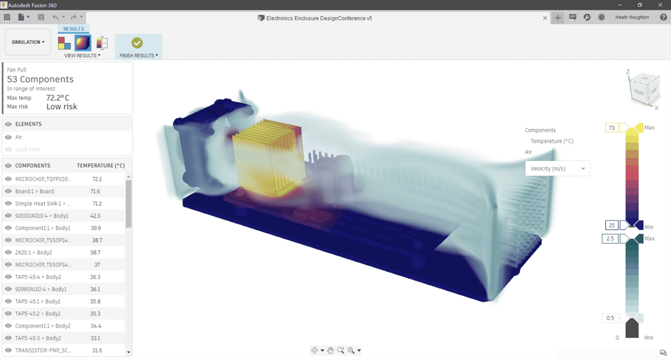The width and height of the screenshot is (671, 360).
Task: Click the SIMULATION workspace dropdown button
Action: pyautogui.click(x=28, y=42)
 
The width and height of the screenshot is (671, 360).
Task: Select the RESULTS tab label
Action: pyautogui.click(x=74, y=29)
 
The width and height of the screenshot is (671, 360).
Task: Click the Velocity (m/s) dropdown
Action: pyautogui.click(x=557, y=169)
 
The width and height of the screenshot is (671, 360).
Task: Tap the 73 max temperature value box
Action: pyautogui.click(x=612, y=128)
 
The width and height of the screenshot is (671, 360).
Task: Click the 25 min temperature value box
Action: pyautogui.click(x=612, y=225)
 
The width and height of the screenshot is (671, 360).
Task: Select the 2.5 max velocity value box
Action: pyautogui.click(x=610, y=238)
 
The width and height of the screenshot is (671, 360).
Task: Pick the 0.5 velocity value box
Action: pyautogui.click(x=610, y=318)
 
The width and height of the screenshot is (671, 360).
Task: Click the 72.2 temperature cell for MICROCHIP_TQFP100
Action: pyautogui.click(x=97, y=179)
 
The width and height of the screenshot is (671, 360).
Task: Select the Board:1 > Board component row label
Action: pyautogui.click(x=35, y=191)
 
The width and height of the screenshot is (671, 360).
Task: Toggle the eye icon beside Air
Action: pyautogui.click(x=8, y=137)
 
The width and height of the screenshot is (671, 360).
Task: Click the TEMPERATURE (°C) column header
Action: pyautogui.click(x=101, y=166)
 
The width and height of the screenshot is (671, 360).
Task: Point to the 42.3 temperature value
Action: pyautogui.click(x=95, y=216)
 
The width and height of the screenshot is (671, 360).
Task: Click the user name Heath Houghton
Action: pyautogui.click(x=632, y=18)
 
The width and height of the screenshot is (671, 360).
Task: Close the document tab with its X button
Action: pyautogui.click(x=545, y=18)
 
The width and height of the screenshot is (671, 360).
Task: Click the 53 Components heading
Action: pyautogui.click(x=40, y=79)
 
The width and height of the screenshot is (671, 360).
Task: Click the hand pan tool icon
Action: pyautogui.click(x=330, y=350)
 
